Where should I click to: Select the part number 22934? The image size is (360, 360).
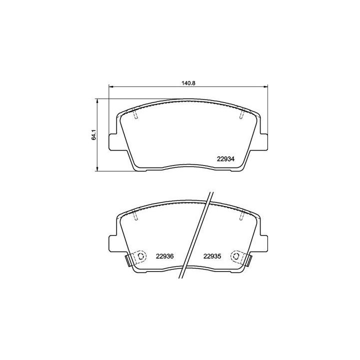pyautogui.click(x=226, y=159)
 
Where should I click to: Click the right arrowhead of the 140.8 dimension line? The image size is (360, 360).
pyautogui.click(x=266, y=88)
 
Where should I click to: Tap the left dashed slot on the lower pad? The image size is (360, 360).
pyautogui.click(x=136, y=214)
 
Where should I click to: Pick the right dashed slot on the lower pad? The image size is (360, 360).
pyautogui.click(x=241, y=214)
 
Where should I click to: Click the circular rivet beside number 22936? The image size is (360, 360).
pyautogui.click(x=140, y=256)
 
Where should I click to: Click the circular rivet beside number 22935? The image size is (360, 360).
pyautogui.click(x=236, y=256)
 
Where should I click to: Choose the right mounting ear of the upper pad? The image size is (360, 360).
pyautogui.click(x=263, y=141)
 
